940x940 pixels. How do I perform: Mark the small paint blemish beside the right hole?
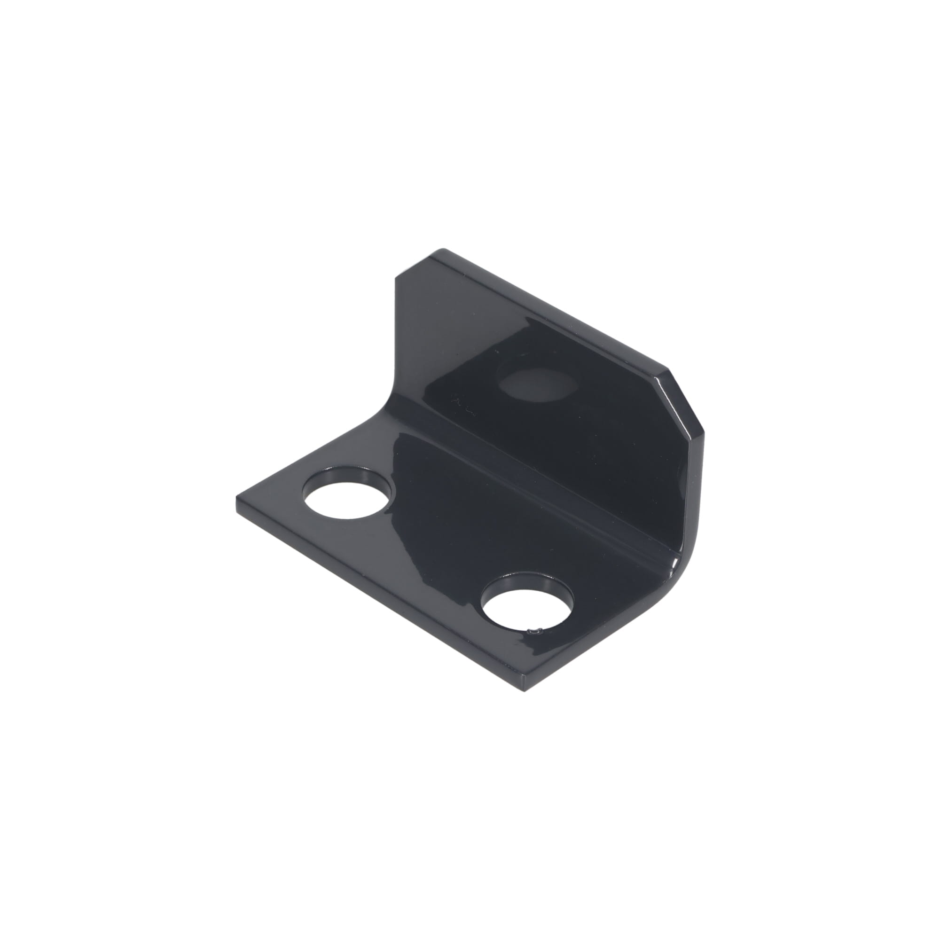[535, 632]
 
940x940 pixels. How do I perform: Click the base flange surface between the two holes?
[438, 550]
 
